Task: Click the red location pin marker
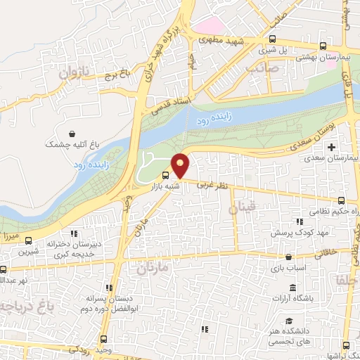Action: (x=181, y=165)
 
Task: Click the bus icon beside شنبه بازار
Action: (x=165, y=175)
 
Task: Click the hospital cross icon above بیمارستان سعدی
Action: (x=332, y=147)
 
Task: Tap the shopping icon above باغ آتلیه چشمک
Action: (x=72, y=134)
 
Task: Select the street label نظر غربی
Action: (x=210, y=185)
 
